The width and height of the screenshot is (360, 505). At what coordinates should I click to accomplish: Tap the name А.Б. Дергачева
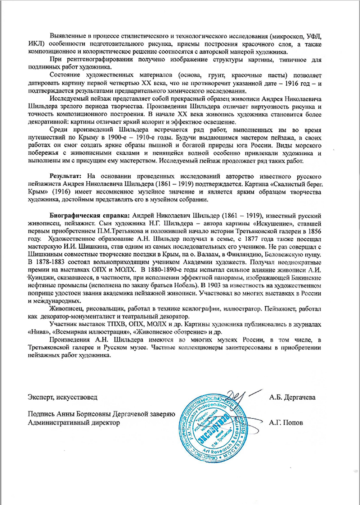tap(292, 397)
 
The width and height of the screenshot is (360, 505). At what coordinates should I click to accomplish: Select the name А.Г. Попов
tap(286, 423)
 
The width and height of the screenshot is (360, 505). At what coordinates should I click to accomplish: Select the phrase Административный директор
tap(74, 423)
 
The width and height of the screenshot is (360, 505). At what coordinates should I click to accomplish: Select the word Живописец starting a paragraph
tap(66, 309)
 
